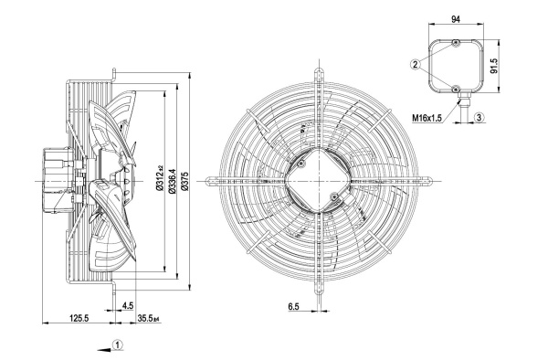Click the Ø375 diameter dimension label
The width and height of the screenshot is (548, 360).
[184, 181]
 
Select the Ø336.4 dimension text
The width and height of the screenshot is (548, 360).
[172, 181]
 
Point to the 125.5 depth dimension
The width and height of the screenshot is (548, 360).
[79, 318]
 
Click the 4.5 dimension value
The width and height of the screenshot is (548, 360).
[128, 306]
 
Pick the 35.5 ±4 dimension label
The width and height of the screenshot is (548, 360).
[149, 318]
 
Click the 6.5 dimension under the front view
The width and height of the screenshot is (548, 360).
[293, 306]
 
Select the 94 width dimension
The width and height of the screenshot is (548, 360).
[456, 19]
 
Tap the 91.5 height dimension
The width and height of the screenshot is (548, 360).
[494, 66]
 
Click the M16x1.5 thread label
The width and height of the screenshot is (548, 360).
[427, 118]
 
